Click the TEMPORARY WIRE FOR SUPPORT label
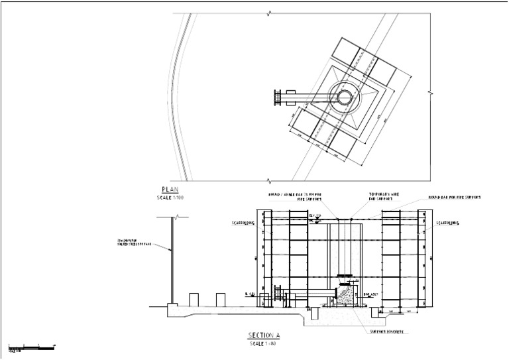pyautogui.click(x=381, y=197)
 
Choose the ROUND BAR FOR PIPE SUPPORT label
pyautogui.click(x=455, y=198)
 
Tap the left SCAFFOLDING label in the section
pyautogui.click(x=243, y=223)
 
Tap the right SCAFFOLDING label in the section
pyautogui.click(x=450, y=223)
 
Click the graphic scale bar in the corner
pyautogui.click(x=30, y=347)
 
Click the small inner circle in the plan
pyautogui.click(x=345, y=97)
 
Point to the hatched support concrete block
pyautogui.click(x=344, y=296)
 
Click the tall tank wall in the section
pyautogui.click(x=172, y=259)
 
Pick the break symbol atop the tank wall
pyautogui.click(x=172, y=217)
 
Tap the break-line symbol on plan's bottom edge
pyautogui.click(x=268, y=180)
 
